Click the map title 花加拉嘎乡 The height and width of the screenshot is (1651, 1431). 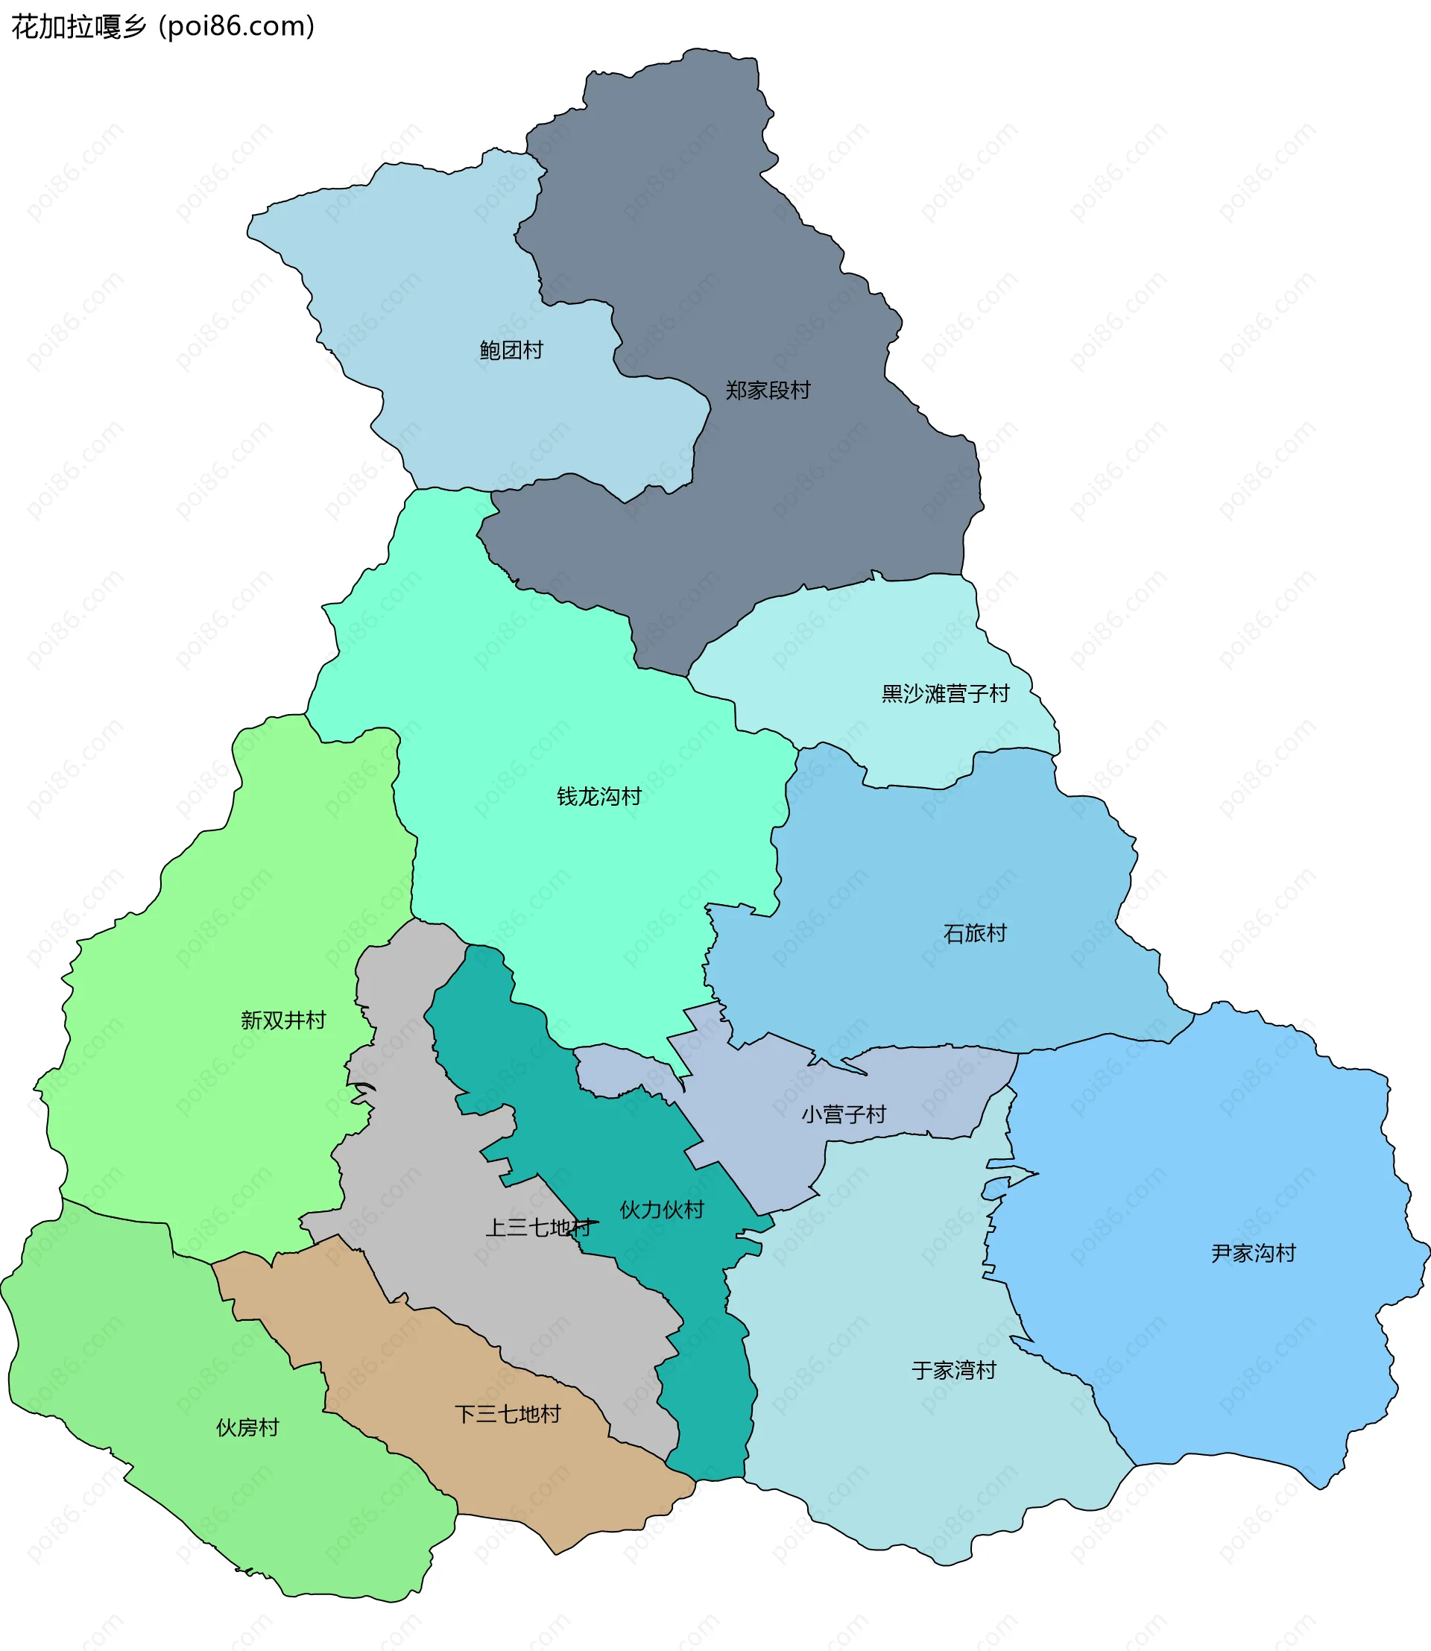pos(78,27)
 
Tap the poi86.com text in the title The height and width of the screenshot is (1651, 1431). pos(237,27)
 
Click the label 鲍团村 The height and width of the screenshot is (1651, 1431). pos(511,350)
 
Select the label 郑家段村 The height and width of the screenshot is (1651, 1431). pos(768,390)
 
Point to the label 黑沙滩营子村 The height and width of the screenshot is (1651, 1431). pos(946,693)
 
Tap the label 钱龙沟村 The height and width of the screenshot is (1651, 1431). pos(599,796)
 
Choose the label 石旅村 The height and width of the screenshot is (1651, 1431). pos(975,933)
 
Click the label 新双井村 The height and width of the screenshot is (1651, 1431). pos(283,1020)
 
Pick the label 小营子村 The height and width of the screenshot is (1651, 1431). pos(844,1114)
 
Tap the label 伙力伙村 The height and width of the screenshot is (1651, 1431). pos(662,1209)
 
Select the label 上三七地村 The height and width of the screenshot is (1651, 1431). pos(539,1228)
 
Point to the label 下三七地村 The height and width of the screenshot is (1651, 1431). pos(508,1415)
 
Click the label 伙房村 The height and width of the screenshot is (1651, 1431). pos(247,1427)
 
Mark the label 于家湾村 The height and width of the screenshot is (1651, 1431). pos(954,1371)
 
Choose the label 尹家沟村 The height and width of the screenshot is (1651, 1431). pos(1253,1253)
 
